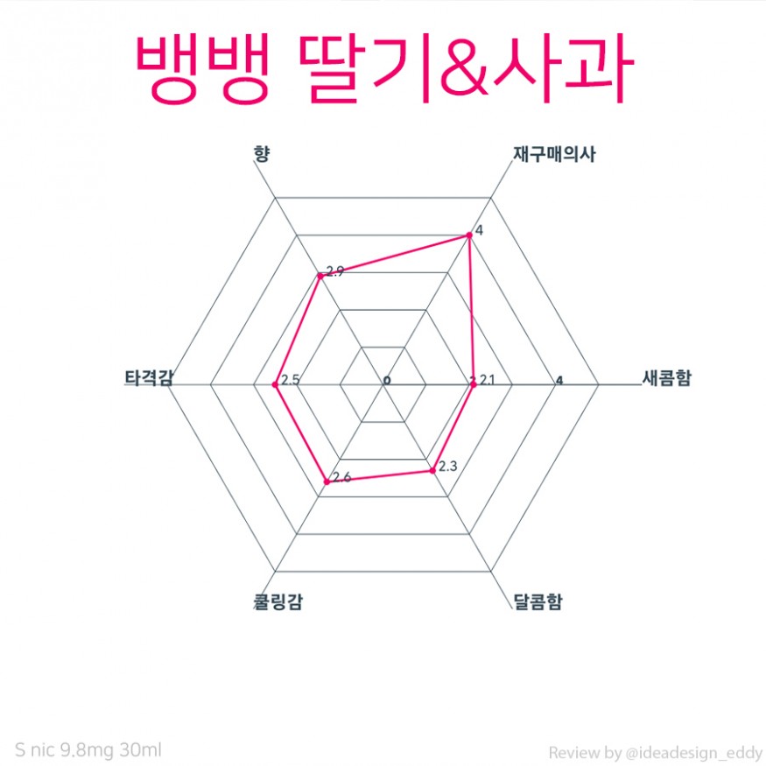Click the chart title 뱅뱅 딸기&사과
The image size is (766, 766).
click(383, 69)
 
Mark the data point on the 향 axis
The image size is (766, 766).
click(320, 275)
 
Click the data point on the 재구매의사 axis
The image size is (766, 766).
click(468, 234)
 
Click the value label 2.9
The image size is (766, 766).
click(334, 271)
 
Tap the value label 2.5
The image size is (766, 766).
click(292, 381)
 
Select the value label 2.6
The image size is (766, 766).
click(342, 477)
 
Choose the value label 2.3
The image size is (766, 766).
click(447, 467)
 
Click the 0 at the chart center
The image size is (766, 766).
click(387, 382)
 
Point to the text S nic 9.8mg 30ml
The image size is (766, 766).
click(88, 750)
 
